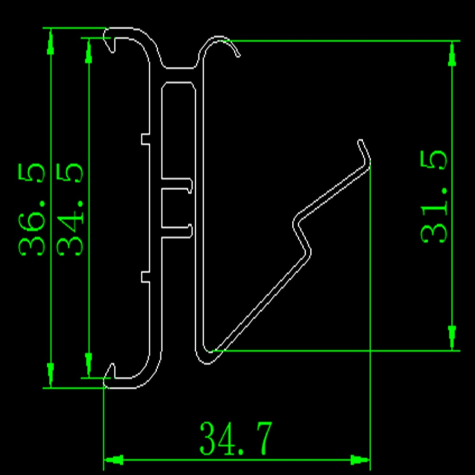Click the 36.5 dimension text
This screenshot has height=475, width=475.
point(32,209)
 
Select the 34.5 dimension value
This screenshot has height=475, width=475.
point(70,209)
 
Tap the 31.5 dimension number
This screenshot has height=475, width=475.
point(434,197)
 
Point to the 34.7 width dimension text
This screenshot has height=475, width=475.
point(235,439)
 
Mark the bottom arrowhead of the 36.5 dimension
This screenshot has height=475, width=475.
point(51,371)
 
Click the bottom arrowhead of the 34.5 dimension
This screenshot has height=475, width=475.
point(89,360)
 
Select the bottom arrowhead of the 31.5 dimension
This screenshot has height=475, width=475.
point(452,334)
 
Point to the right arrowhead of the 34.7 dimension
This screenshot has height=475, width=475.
point(359,460)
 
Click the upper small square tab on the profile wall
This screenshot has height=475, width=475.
point(145,139)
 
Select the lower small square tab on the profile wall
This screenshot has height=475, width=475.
point(145,277)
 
